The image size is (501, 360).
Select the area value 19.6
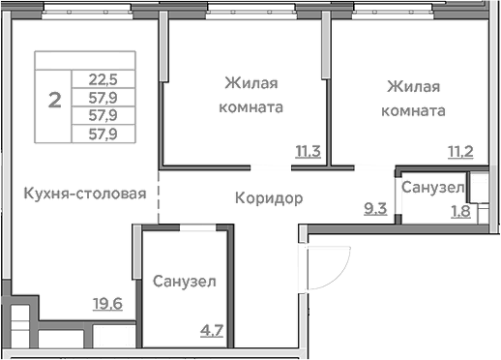pos(108,303)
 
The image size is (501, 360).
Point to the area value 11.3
pos(309,150)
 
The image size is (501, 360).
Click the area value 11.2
pos(459,150)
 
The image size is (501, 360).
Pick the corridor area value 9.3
pos(374,206)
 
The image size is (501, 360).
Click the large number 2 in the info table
pos(56,98)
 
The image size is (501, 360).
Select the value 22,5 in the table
pos(102,81)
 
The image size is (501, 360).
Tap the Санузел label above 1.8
pos(431,186)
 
